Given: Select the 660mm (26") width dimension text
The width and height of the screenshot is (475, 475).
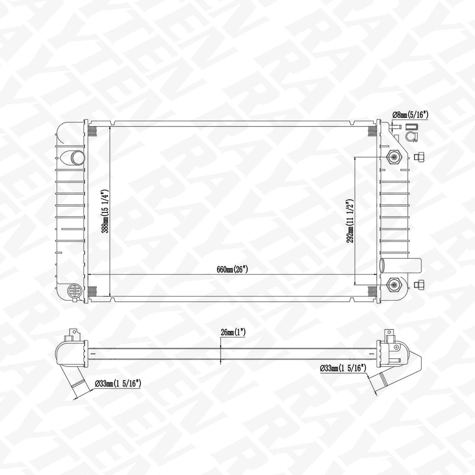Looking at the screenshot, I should (232, 270).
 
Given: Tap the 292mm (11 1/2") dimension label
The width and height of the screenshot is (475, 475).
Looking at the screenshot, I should (351, 220).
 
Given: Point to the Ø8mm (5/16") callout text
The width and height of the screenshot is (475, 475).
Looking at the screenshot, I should (410, 115).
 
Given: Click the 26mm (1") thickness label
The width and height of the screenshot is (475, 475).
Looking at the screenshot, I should (234, 333).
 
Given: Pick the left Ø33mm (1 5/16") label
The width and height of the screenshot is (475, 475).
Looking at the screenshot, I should (118, 382).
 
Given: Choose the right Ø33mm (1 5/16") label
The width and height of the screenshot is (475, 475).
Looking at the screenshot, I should (342, 368).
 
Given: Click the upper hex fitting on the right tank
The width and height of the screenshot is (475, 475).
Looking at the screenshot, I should (394, 157).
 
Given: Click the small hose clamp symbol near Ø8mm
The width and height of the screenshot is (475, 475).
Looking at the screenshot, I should (411, 136).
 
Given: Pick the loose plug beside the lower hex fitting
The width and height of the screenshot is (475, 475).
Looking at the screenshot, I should (420, 284).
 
